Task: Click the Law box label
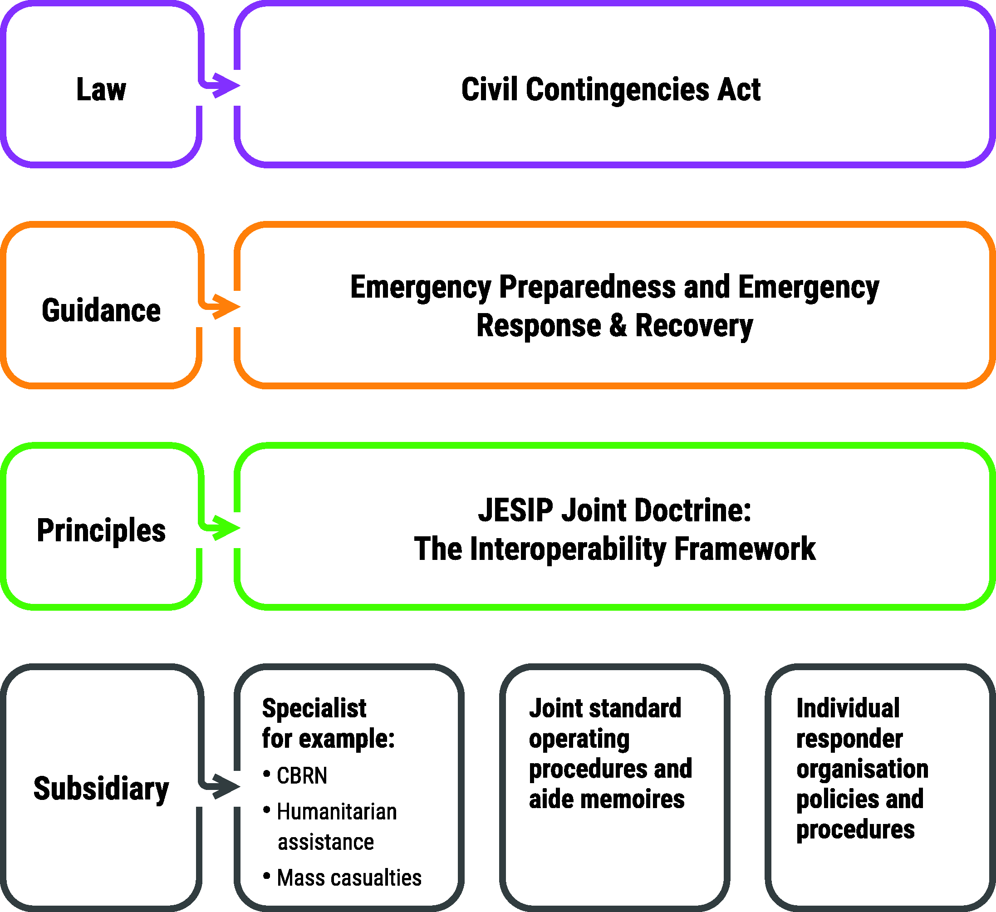(x=101, y=89)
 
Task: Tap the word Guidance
(x=101, y=310)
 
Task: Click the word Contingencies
(x=618, y=90)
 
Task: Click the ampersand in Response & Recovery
(x=618, y=326)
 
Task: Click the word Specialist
(x=314, y=709)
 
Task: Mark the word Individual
(x=848, y=708)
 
